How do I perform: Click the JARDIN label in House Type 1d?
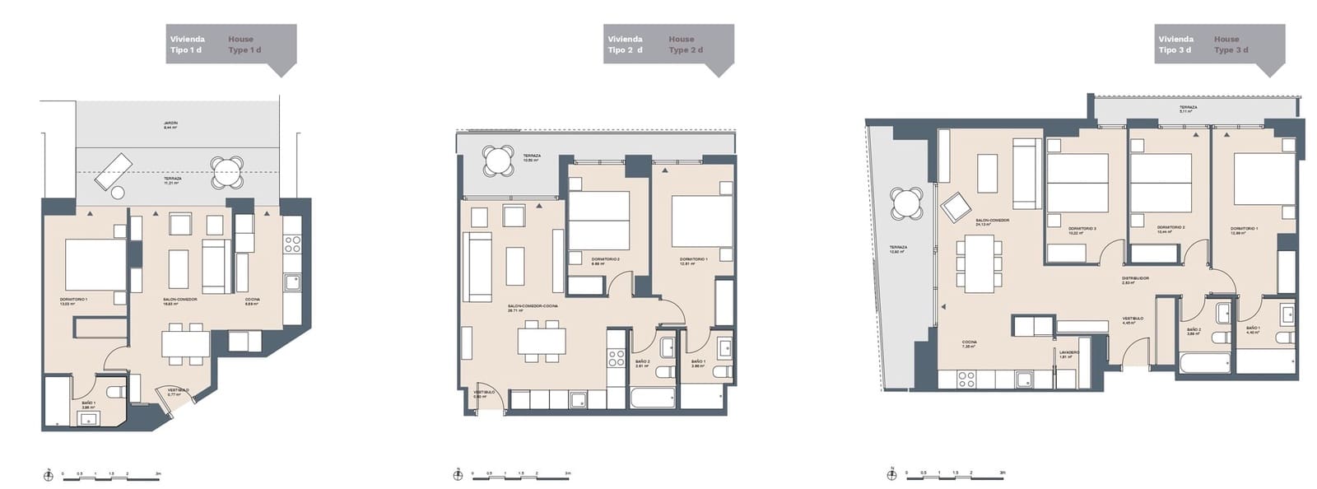[x=170, y=123]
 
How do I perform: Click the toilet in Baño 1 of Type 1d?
[x=117, y=392]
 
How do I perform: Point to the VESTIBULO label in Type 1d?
[x=179, y=390]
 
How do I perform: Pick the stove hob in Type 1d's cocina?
[x=293, y=244]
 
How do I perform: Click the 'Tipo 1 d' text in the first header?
[x=186, y=50]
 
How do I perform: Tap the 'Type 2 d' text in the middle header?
[x=686, y=50]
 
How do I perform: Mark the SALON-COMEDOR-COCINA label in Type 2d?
[x=533, y=306]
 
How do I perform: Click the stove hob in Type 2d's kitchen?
[x=617, y=358]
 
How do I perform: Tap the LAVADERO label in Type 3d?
[x=1069, y=352]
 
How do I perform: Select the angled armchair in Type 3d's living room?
[x=956, y=207]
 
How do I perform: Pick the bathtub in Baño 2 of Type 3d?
[x=1204, y=364]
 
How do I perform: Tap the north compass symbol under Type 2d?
[x=457, y=475]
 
